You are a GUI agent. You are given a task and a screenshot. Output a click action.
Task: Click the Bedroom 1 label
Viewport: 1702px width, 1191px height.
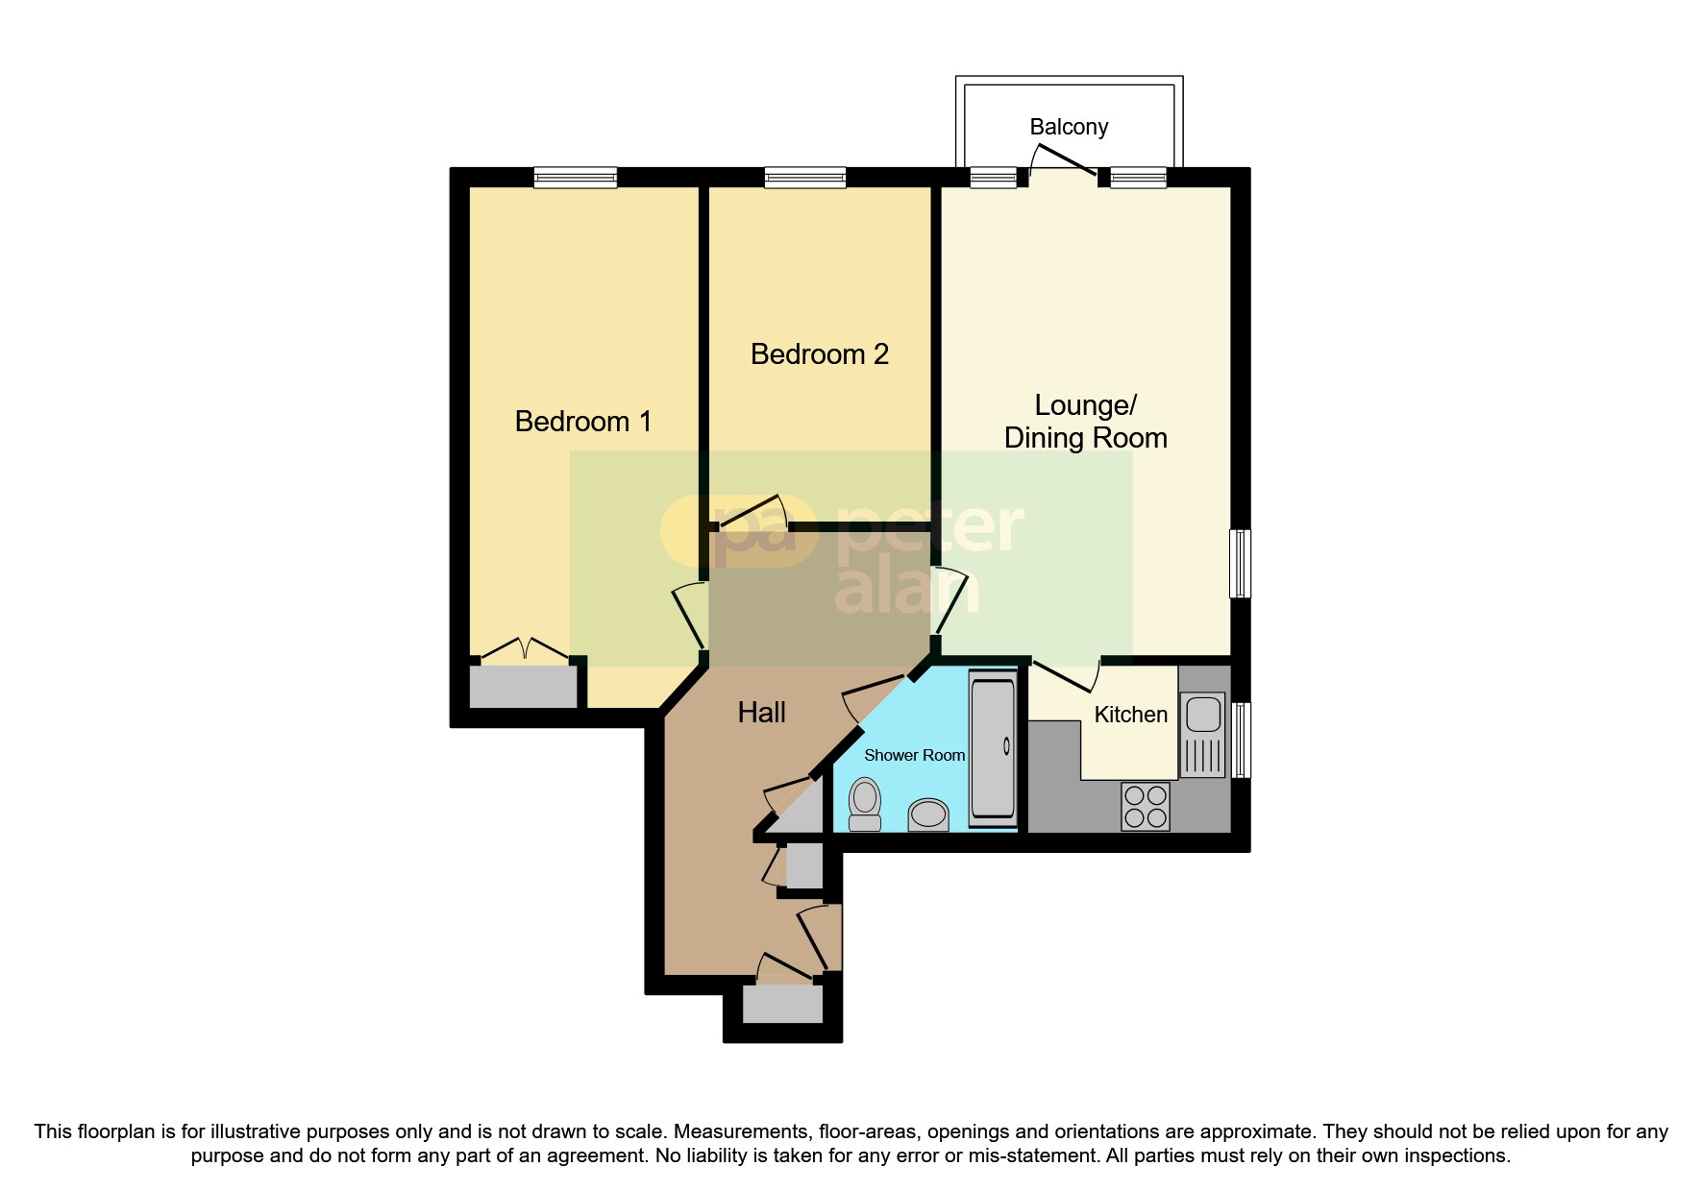tap(582, 422)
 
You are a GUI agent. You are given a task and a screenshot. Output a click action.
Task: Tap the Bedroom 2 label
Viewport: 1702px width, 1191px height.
tap(819, 354)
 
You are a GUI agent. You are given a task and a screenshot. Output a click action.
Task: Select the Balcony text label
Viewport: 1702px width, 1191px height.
tap(1069, 127)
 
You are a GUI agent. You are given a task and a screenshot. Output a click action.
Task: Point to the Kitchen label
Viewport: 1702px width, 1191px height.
tap(1130, 715)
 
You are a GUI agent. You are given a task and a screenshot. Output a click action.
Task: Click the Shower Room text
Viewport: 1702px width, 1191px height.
tap(914, 756)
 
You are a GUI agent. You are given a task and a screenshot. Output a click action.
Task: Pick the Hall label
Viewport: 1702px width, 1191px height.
tap(761, 713)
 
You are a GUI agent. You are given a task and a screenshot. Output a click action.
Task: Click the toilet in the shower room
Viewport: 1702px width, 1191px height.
tap(865, 803)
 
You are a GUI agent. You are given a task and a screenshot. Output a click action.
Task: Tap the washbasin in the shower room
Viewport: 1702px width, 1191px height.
tap(928, 814)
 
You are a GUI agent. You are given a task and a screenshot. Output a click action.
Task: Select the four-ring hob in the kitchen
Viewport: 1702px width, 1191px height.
tap(1145, 806)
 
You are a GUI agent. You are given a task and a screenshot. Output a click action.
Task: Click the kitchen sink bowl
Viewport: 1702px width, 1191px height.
tap(1202, 715)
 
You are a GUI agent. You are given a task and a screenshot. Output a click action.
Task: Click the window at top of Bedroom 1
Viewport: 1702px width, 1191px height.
tap(575, 178)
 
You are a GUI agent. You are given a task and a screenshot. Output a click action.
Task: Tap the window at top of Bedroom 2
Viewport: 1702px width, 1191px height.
tap(805, 178)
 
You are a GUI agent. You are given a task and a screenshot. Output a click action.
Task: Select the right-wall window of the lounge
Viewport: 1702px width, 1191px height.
tap(1241, 563)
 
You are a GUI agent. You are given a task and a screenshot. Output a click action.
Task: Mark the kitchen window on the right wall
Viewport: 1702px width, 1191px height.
tap(1241, 740)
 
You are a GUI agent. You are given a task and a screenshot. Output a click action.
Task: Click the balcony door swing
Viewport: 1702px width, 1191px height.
tap(1063, 159)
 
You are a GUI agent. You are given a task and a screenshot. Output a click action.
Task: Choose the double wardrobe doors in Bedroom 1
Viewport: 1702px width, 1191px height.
tap(524, 650)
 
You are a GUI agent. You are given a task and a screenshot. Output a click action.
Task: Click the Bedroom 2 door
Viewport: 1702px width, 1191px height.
tap(753, 513)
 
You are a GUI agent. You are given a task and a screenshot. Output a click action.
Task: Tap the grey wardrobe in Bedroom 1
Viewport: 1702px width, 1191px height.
tap(523, 686)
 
